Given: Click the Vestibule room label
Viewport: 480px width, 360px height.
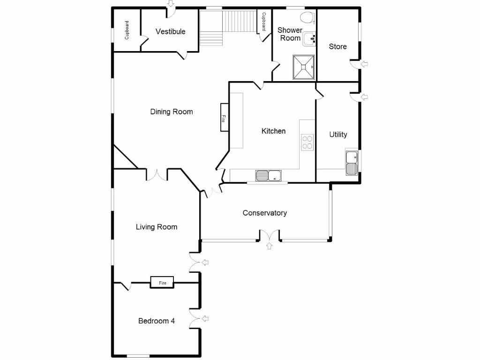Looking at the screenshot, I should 170,32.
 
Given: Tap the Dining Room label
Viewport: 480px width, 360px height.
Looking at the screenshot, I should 171,112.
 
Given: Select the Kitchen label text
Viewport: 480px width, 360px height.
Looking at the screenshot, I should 273,131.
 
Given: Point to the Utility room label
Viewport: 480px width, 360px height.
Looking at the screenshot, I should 338,135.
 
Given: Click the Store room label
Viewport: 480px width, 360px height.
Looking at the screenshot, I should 337,46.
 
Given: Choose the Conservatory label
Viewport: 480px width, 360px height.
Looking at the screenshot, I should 264,213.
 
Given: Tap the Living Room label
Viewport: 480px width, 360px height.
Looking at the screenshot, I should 157,227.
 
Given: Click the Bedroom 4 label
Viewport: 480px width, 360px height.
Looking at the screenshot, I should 157,321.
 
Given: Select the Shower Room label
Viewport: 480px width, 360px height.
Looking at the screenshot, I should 290,34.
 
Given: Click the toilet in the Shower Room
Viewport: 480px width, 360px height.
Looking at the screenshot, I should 307,18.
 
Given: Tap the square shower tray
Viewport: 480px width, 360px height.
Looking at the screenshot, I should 304,67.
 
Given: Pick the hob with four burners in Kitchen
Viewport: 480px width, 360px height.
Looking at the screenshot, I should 307,142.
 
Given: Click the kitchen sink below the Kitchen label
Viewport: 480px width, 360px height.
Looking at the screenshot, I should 269,176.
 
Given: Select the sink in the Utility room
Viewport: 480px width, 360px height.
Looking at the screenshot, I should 351,163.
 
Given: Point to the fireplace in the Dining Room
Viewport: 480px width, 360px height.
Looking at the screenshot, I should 224,118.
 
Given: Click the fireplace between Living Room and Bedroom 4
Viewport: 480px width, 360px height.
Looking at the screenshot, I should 162,283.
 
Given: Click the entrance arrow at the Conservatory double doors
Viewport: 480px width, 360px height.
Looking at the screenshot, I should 270,247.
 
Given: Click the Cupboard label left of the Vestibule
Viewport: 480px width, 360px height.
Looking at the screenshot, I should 127,30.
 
